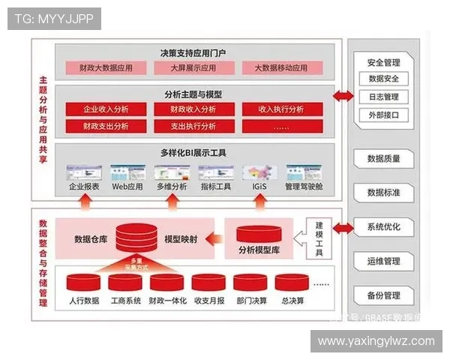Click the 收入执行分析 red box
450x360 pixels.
(281, 109)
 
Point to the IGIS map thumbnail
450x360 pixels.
(259, 172)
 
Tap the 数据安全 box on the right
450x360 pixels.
(383, 79)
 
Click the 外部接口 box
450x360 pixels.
(383, 115)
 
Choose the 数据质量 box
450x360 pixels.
(383, 159)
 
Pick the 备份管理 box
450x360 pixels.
(383, 295)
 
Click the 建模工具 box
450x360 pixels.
(319, 238)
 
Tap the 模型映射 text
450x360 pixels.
(181, 239)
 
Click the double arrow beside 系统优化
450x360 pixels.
(344, 226)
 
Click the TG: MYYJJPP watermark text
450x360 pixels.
(53, 19)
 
